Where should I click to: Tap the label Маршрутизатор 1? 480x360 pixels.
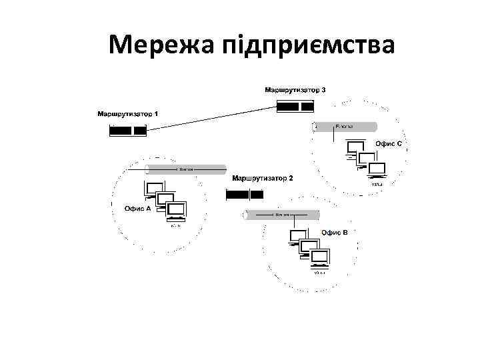128,114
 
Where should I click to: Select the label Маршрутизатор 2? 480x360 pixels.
262,179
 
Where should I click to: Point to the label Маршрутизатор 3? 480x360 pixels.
295,89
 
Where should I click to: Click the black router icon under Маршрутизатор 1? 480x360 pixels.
128,131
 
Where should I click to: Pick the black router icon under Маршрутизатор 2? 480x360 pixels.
245,194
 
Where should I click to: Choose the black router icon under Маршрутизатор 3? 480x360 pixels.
295,106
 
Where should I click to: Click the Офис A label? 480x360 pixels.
138,209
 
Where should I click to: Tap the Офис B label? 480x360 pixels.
334,232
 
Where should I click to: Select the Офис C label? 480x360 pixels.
388,144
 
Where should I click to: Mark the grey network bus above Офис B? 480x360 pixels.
283,215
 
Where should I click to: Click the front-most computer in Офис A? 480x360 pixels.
177,211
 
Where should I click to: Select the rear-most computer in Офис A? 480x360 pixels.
155,189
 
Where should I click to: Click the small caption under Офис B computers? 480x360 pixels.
321,273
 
